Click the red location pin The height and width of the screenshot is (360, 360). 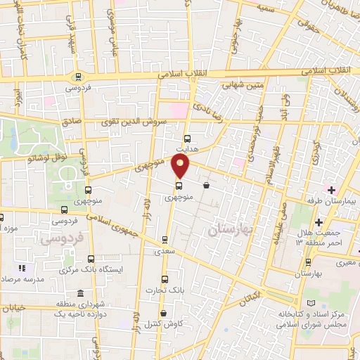coord(181,166)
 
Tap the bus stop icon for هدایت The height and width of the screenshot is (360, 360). coord(187,139)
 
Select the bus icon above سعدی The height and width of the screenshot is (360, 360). coord(165,239)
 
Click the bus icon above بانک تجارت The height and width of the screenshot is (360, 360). coord(165,278)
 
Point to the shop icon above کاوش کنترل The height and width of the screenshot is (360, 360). coord(164,313)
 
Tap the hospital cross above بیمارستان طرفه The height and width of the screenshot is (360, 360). coord(331,190)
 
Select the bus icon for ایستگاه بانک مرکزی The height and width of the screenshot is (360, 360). coord(91,258)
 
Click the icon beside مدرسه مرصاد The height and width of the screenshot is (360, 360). coord(20,268)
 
